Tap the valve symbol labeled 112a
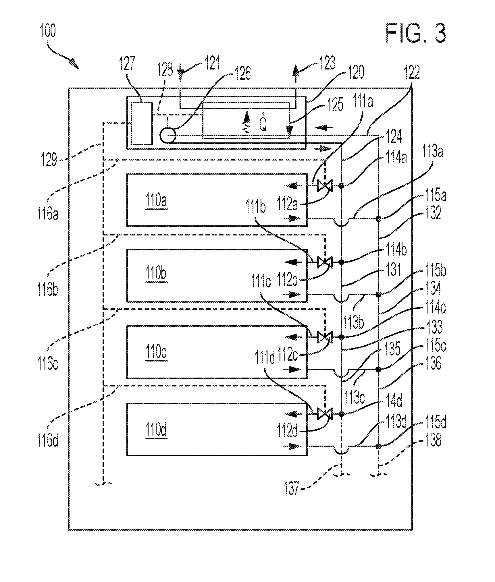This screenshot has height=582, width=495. pos(325,186)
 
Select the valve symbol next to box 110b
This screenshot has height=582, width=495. pos(325,262)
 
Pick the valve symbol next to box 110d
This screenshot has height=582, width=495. pos(325,414)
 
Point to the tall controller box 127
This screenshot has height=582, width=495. pos(142,123)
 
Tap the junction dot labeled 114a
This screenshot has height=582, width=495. pos(341,186)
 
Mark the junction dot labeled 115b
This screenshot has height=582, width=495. pos(378,294)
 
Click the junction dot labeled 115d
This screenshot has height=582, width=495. pos(378,446)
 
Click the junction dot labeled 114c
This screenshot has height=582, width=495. pos(341,337)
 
